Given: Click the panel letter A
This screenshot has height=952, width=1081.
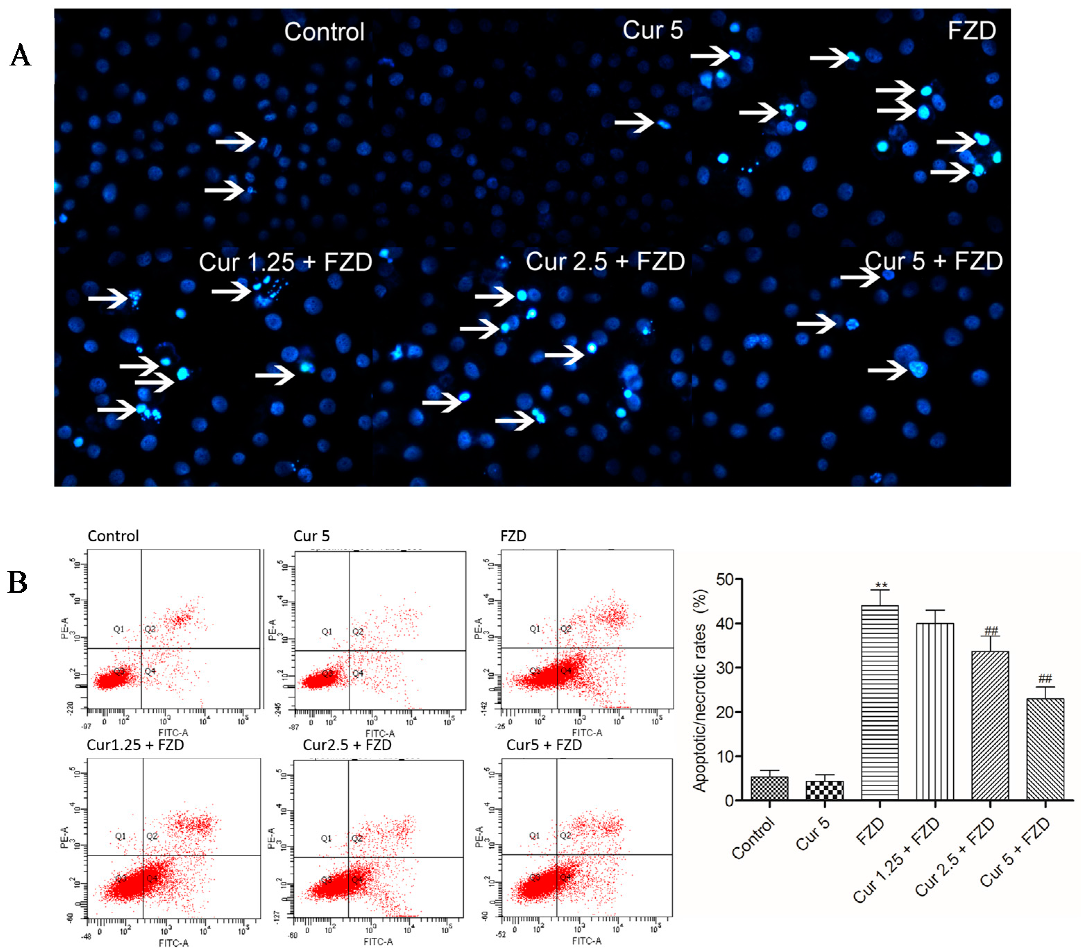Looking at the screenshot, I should click(20, 55).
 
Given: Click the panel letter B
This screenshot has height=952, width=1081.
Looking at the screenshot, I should click(17, 583).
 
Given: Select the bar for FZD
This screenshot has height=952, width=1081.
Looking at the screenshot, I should click(879, 703).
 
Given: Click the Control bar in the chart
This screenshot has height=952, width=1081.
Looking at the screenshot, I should click(769, 788).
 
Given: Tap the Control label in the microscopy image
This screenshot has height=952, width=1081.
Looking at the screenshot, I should click(324, 32).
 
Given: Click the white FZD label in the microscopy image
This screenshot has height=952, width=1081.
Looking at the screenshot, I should click(971, 31).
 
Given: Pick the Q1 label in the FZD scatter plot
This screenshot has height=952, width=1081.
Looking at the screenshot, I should click(535, 628).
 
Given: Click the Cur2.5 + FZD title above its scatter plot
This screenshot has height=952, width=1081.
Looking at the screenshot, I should click(347, 745).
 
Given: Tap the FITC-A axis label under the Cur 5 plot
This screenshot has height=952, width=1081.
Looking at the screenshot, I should click(380, 733).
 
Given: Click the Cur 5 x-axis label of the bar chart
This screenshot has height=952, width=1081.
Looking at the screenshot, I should click(813, 834).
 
